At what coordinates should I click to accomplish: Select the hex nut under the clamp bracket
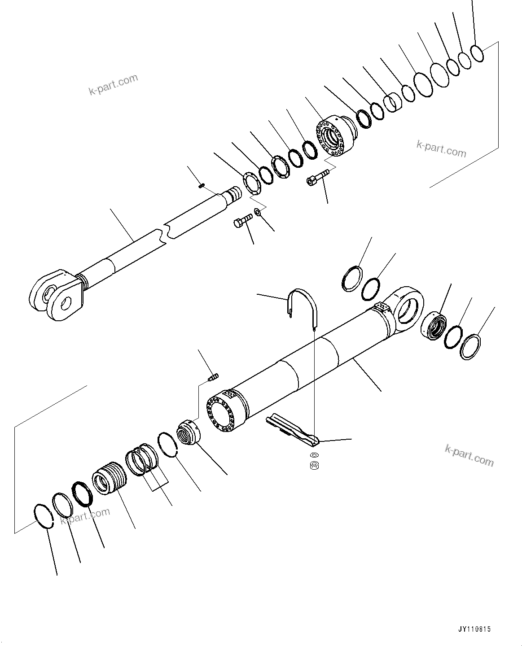(315, 466)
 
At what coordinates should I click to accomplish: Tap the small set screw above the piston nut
(213, 377)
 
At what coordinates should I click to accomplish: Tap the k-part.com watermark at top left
(113, 85)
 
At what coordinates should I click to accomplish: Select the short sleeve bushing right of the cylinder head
(392, 103)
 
